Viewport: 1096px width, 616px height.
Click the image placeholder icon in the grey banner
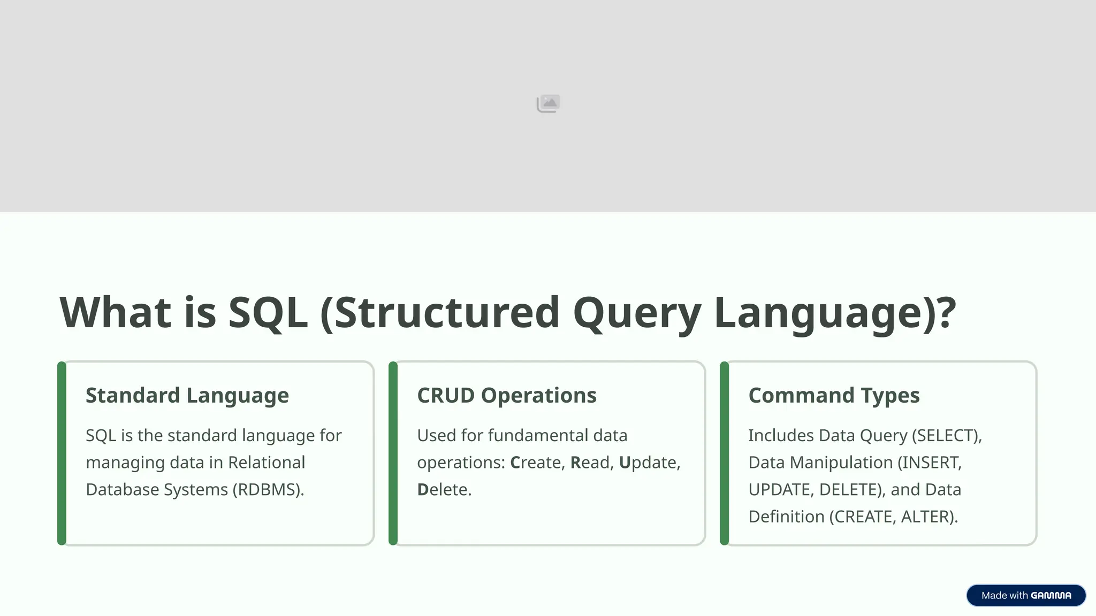click(548, 103)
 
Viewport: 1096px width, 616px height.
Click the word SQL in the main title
click(268, 313)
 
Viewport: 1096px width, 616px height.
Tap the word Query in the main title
click(636, 313)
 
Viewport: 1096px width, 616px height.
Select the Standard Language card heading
click(187, 396)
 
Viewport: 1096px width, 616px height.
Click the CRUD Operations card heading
click(506, 396)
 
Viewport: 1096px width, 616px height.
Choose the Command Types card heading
click(834, 396)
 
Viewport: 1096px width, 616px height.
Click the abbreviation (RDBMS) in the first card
click(268, 490)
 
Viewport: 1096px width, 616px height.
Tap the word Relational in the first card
click(267, 463)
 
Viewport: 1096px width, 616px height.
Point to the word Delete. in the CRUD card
click(444, 490)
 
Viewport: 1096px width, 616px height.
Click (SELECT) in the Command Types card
click(947, 436)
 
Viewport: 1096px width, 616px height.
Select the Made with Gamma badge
click(1026, 596)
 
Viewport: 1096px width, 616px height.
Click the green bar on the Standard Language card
click(62, 453)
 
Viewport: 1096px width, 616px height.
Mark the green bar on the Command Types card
click(725, 453)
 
